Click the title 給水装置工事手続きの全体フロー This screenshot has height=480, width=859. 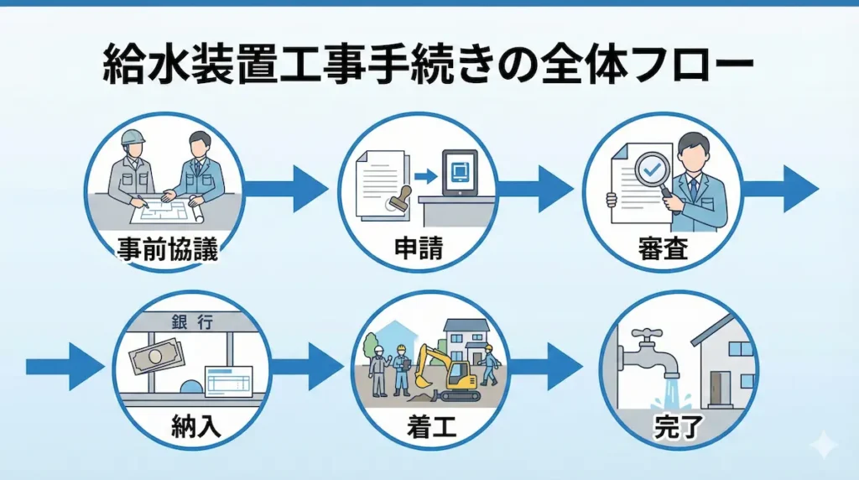tap(429, 65)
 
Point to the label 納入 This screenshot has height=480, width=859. tap(193, 427)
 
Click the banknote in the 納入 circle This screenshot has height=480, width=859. tap(156, 356)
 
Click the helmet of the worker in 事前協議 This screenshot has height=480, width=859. tap(133, 137)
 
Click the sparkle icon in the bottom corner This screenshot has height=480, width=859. tap(825, 445)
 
